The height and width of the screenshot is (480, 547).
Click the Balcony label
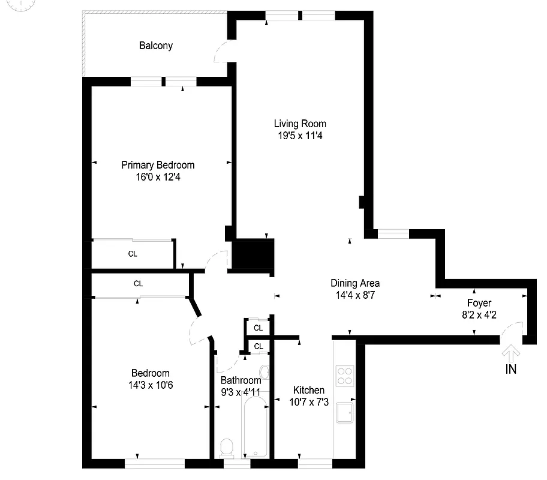click(156, 46)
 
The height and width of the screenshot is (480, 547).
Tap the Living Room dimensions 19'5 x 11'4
click(300, 136)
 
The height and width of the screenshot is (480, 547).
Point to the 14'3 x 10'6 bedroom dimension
click(150, 385)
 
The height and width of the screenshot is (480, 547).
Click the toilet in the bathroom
click(227, 448)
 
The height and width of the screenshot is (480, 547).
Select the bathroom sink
click(264, 370)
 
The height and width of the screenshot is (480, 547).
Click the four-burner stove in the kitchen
click(345, 376)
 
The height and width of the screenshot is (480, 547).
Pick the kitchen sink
click(345, 413)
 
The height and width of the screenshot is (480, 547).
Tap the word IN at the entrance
click(510, 370)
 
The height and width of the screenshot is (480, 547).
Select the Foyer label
click(479, 303)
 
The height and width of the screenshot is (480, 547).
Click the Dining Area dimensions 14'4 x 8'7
click(355, 295)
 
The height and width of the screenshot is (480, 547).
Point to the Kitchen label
click(309, 390)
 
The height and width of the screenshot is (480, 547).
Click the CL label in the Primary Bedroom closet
click(133, 254)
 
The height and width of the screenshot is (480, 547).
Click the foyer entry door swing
click(511, 328)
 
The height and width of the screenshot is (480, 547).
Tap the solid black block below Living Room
click(253, 254)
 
